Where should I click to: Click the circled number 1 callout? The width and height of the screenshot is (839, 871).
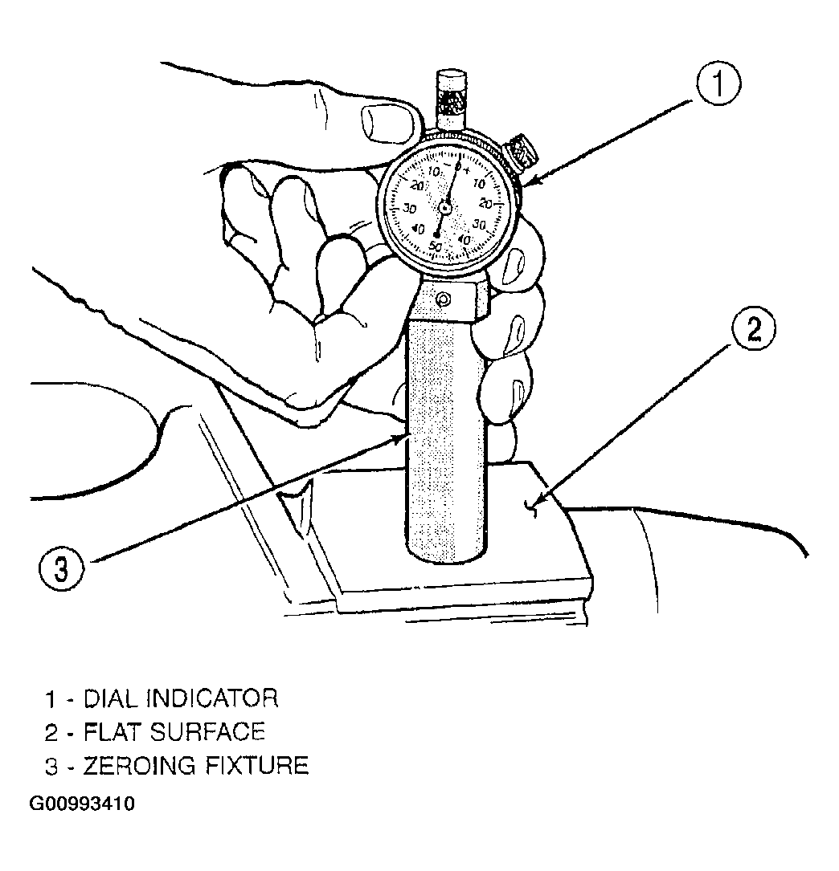pos(718,83)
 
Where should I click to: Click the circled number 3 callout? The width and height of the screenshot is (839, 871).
pos(61,568)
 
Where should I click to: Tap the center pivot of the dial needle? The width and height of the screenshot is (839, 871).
pos(444,208)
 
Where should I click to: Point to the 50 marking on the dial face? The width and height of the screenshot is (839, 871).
pos(436,246)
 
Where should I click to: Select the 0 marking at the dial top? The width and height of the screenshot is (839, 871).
pos(458,165)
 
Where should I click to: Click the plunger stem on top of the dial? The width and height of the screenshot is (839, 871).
pos(451,100)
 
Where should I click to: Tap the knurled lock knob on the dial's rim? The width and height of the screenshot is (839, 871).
pos(522,151)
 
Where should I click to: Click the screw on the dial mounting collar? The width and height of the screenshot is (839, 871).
pos(443,300)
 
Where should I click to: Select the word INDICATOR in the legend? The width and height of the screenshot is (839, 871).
pos(212,698)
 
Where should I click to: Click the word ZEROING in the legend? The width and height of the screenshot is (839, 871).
pos(140,766)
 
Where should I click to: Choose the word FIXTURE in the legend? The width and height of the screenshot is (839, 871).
pos(257,766)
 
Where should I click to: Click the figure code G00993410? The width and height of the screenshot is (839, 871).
pos(81,804)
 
